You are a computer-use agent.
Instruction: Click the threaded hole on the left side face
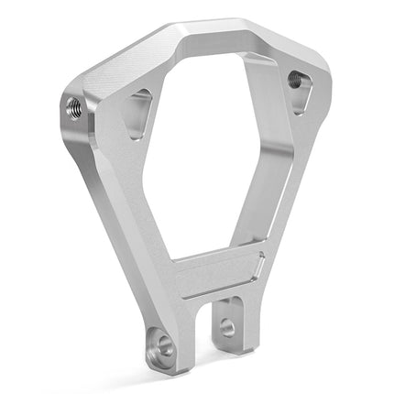coord(74,107)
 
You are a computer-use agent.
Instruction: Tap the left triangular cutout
coord(137,111)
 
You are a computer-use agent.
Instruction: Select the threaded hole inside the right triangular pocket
coord(294,80)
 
